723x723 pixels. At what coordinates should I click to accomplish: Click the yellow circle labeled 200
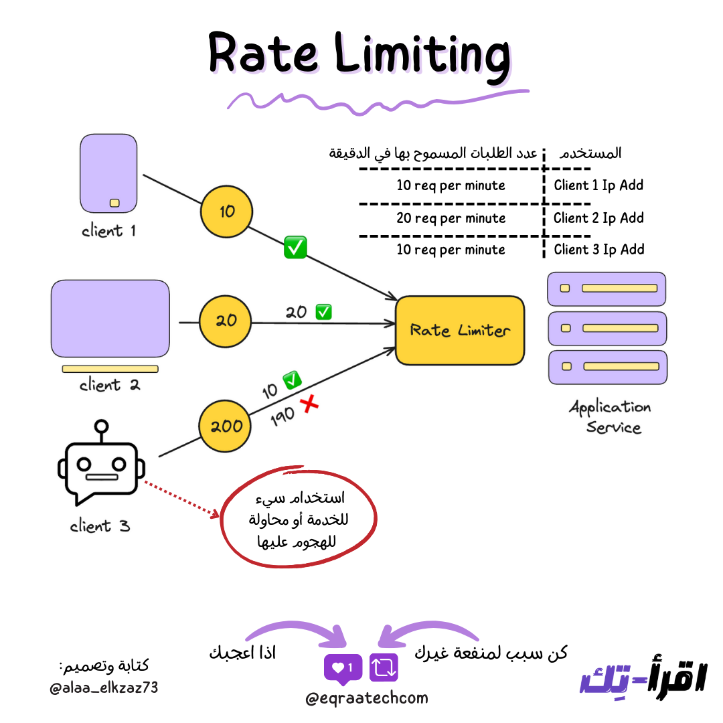coord(226,426)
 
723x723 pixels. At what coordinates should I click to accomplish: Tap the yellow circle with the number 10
coord(226,212)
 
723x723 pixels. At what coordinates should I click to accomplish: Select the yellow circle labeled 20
coord(226,321)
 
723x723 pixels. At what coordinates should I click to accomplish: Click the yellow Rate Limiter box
coord(460,330)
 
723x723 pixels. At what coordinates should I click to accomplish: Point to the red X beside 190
coord(309,404)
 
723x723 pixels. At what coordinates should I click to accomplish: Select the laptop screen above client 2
coord(110,319)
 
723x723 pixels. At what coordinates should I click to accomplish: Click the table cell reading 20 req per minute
coord(451,218)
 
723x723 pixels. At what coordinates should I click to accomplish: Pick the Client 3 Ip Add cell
coord(598,250)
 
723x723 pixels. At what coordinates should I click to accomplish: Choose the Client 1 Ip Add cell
coord(598,185)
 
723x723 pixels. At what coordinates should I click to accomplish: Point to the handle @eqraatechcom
coord(366,698)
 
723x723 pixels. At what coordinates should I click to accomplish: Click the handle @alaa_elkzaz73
coord(104,687)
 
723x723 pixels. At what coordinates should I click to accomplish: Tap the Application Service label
coord(610,416)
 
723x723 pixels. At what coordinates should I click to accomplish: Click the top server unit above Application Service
coord(607,289)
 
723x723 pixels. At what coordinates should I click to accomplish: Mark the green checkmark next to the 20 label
coord(324,311)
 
